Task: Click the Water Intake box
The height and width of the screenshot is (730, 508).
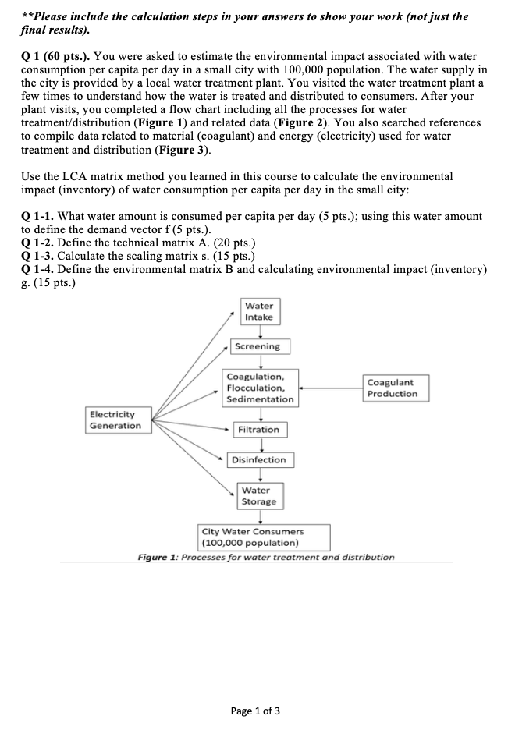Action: coord(258,311)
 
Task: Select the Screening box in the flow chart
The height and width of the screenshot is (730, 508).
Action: coord(258,346)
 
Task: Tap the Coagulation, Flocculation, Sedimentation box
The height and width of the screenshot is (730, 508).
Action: coord(260,388)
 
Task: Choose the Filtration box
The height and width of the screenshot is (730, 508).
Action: coord(258,430)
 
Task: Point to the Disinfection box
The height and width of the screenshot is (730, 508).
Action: coord(259,460)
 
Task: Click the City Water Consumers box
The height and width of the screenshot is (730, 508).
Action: coord(264,537)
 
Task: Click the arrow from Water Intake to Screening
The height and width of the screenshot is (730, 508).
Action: coord(258,331)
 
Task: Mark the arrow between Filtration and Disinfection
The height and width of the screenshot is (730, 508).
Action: coord(258,445)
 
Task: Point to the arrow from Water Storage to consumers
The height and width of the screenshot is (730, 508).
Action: coord(258,516)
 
